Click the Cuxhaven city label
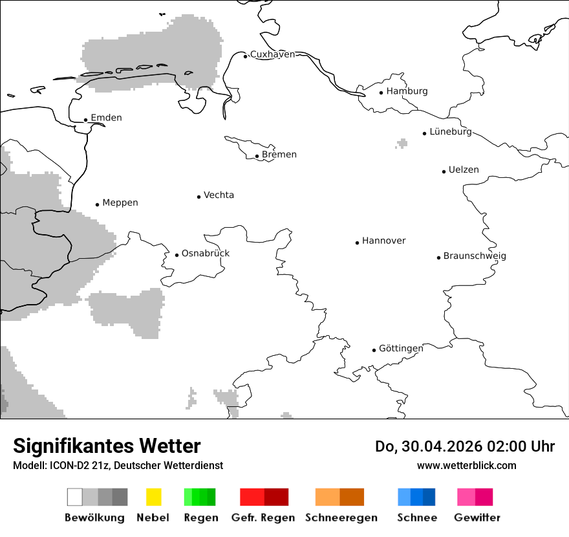coord(272,54)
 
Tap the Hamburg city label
coord(407,91)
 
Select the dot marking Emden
coord(85,120)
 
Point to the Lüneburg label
coord(451,131)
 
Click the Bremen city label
coord(279,155)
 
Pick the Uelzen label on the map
coord(464,170)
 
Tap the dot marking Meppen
coord(97,204)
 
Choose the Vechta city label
coord(219,195)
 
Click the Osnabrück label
coord(206,254)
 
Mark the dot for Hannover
coord(357,243)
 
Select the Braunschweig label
coord(475,256)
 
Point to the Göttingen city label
coord(401,349)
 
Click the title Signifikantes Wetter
coord(107,446)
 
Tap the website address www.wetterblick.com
coord(466,466)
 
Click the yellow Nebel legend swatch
coord(153,497)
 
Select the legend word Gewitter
coord(477,518)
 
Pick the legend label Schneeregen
coord(341,518)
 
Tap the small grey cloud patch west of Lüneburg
coord(402,143)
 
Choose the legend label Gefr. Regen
coord(263,518)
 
